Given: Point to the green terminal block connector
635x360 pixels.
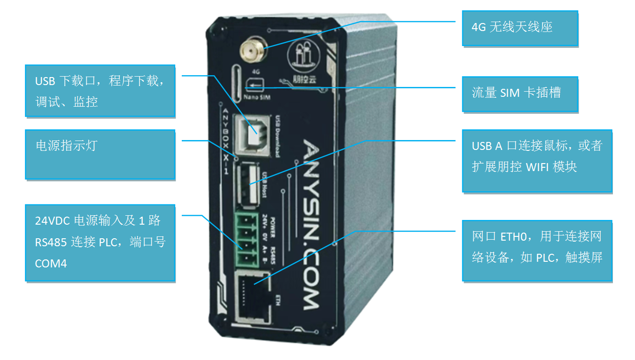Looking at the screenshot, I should pos(246,238).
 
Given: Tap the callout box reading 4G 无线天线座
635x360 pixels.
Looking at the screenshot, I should pos(519,28).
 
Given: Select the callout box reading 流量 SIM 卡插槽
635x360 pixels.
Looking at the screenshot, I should pos(519,94).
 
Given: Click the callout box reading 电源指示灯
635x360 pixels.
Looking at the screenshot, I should pos(100,154).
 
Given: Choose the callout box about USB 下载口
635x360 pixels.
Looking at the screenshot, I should pos(100,91).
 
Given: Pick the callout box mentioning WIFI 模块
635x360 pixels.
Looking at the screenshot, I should pos(537,160).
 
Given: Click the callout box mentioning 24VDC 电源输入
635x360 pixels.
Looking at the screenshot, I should pos(100,243).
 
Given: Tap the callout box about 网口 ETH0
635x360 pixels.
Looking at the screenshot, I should pos(537,250).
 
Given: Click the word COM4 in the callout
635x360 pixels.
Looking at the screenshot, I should pos(51,264).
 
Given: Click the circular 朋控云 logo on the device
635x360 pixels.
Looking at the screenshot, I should pos(304,54).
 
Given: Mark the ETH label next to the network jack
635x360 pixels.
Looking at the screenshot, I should pos(278,299).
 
